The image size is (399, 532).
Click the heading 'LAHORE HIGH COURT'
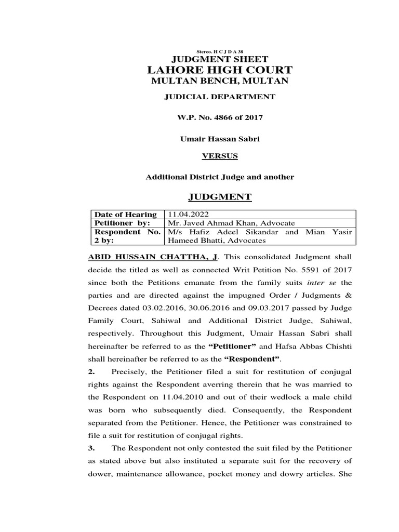point(219,70)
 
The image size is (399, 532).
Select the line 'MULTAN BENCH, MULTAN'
point(219,81)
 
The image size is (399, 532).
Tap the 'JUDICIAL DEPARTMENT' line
point(219,97)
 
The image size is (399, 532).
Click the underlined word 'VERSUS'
point(219,155)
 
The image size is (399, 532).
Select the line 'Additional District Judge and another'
point(219,177)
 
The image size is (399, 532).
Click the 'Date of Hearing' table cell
point(125,215)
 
